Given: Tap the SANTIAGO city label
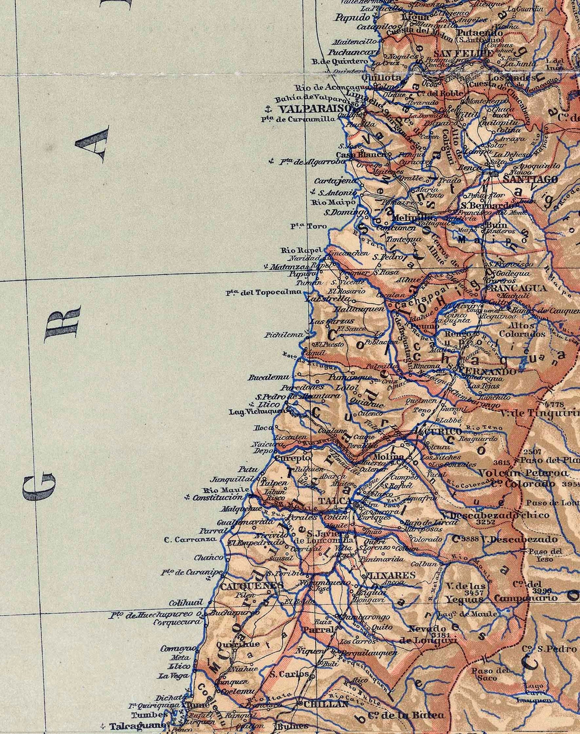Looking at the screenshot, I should [x=530, y=179].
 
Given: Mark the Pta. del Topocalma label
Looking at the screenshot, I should [x=264, y=292].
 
